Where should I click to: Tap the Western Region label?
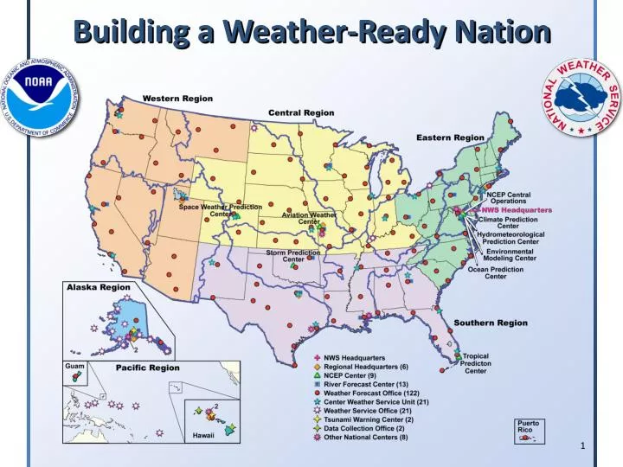tap(177, 99)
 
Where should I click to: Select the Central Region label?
tap(301, 112)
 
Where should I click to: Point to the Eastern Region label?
tap(450, 138)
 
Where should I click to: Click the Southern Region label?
tap(491, 323)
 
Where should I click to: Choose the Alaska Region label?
tap(100, 286)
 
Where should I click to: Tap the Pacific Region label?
tap(148, 368)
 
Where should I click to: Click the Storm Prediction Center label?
tap(293, 255)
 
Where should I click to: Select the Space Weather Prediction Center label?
tap(221, 210)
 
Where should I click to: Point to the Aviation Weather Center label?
tap(309, 218)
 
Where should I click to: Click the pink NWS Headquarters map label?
tap(517, 209)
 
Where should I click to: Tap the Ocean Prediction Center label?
tap(495, 272)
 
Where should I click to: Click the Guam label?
tap(74, 367)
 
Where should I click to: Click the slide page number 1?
tap(583, 445)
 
